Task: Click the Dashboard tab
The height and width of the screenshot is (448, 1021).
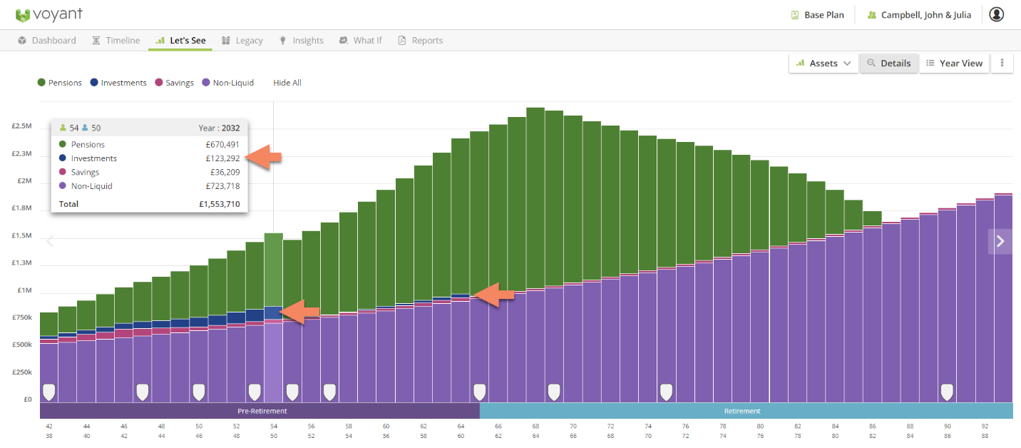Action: coord(47,41)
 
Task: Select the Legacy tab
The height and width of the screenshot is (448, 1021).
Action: coord(242,41)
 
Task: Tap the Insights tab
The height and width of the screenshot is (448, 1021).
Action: coord(301,41)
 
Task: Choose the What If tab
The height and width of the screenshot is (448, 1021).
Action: coord(361,41)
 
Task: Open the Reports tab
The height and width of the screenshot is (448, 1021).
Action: coord(420,41)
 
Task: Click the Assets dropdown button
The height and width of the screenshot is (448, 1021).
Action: coord(824,63)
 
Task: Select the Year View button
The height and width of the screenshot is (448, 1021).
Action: coord(955,63)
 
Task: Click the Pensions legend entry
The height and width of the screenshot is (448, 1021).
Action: coord(60,83)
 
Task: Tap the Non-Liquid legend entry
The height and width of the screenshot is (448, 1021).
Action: coord(228,83)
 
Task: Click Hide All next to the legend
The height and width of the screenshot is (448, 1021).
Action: coord(287,83)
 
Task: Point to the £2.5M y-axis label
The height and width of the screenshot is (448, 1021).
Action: coord(21,126)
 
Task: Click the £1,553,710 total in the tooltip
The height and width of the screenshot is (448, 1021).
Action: coord(219,204)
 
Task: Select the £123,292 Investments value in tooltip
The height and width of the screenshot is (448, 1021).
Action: coord(222,158)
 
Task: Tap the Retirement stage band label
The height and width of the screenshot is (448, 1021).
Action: coord(742,411)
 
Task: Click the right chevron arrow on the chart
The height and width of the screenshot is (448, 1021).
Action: coord(1000,241)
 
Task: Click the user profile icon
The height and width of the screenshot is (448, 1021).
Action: coord(996,14)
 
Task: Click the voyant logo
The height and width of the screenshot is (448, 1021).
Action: coord(48,14)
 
